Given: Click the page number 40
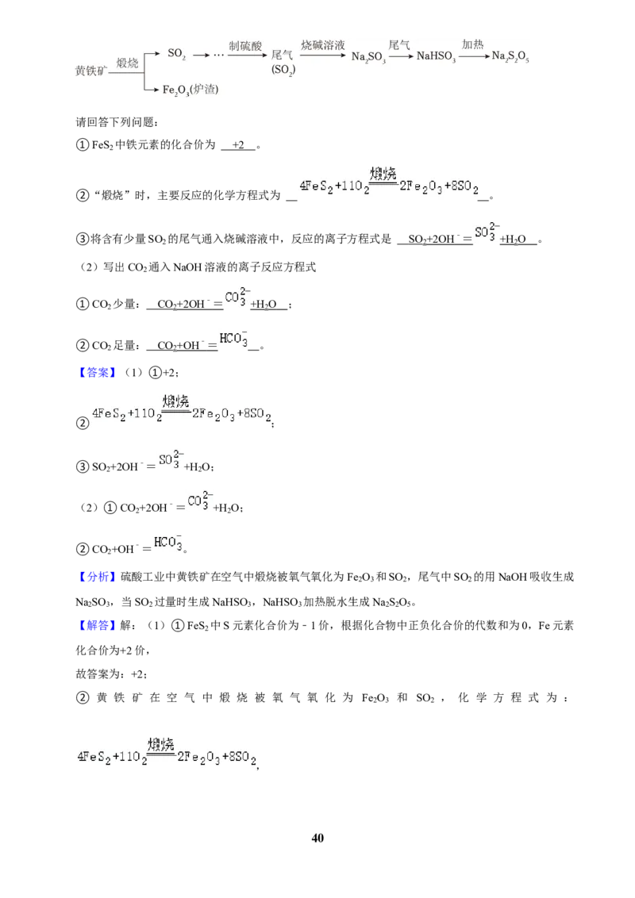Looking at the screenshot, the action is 317,838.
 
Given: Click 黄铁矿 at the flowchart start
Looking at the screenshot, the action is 91,71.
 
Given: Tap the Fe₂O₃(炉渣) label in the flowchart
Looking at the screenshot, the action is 190,90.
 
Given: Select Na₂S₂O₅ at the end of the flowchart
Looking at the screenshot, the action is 510,56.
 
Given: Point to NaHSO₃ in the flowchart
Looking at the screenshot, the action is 436,56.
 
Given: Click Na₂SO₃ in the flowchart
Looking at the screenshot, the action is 368,56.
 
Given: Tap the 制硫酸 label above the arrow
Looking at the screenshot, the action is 245,46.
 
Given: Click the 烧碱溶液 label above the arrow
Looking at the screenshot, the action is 322,45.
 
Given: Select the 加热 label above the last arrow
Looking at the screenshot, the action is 473,44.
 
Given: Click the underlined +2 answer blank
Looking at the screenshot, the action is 238,145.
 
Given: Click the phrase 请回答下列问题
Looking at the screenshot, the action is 117,122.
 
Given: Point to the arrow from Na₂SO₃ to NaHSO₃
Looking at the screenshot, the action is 401,56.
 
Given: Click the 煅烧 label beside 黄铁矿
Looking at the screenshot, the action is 127,63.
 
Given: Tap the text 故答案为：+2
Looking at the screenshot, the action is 110,674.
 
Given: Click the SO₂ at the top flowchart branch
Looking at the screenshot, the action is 176,54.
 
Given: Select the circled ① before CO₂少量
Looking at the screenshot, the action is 83,304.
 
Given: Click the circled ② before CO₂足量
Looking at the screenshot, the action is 83,345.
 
